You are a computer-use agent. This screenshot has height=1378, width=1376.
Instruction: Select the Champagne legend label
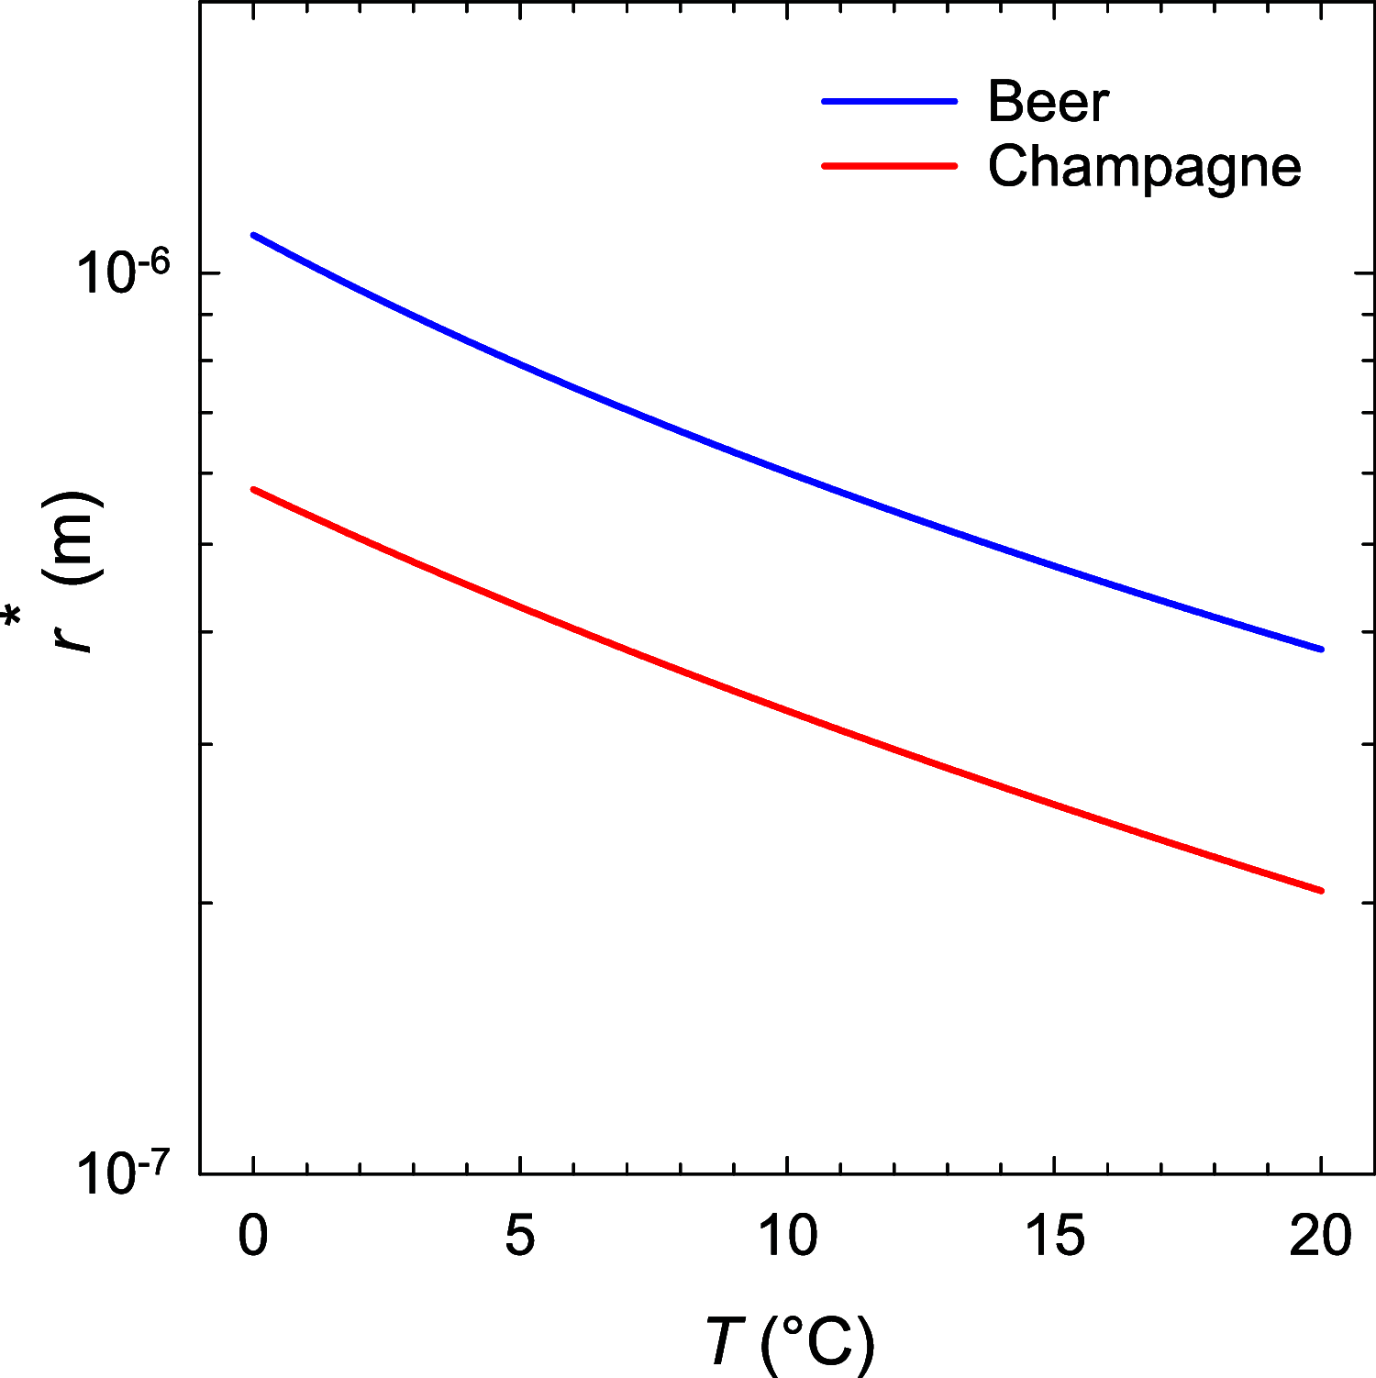tap(1144, 167)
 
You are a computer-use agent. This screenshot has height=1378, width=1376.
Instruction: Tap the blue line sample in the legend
tap(889, 101)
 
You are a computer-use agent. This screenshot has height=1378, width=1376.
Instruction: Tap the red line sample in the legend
tap(889, 166)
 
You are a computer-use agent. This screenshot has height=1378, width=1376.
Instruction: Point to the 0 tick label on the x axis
tap(253, 1235)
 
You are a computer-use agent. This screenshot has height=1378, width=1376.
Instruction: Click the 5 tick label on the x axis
tap(520, 1235)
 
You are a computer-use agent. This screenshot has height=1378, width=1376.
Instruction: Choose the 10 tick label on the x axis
tap(787, 1235)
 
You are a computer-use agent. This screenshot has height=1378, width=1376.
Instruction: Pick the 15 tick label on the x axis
tap(1054, 1235)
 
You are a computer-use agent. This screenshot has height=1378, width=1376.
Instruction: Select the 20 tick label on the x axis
tap(1321, 1235)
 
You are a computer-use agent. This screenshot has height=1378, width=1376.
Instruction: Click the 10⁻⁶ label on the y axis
tap(123, 272)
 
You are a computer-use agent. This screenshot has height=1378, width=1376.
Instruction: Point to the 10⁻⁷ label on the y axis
tap(123, 1173)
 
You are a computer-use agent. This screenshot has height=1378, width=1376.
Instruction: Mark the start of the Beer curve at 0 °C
tap(254, 235)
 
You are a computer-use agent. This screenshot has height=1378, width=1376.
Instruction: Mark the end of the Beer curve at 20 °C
tap(1321, 649)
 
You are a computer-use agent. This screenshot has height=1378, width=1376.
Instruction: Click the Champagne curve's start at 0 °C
tap(254, 489)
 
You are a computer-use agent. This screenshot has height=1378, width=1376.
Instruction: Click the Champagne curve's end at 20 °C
tap(1321, 891)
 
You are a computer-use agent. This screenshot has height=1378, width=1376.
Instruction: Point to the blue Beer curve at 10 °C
tap(787, 474)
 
